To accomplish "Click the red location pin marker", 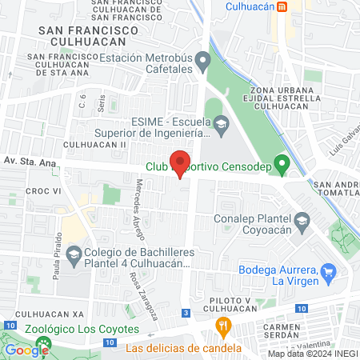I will point(181,164).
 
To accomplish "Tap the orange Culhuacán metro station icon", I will point(282,6).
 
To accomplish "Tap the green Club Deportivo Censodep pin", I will point(281,166).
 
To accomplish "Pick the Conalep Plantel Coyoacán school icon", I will point(302,219).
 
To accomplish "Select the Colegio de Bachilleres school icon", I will point(73,255).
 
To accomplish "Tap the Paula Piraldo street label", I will point(58,251).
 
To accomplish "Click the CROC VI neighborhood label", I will point(44,191).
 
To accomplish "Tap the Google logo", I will point(27,350).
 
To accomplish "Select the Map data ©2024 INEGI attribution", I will point(312,354).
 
